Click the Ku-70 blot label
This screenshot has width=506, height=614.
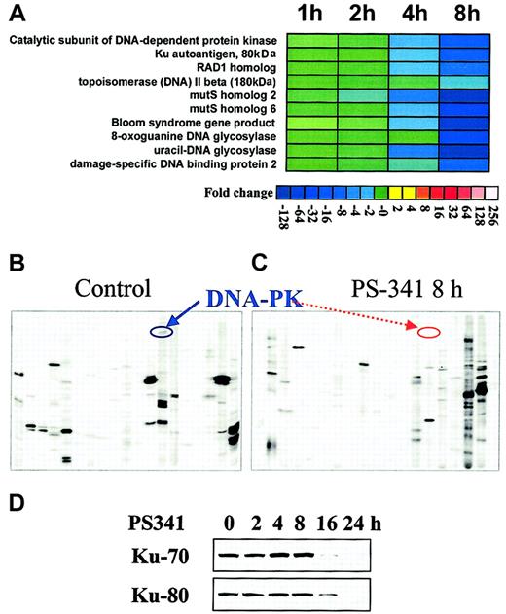click(x=156, y=557)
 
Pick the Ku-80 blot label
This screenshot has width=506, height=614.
click(x=156, y=593)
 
